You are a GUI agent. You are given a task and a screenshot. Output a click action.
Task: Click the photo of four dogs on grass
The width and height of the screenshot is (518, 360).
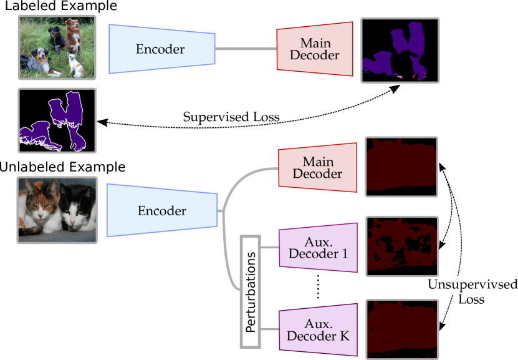point(57,47)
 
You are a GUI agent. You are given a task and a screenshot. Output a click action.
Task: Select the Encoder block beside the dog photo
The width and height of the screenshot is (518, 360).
point(161,49)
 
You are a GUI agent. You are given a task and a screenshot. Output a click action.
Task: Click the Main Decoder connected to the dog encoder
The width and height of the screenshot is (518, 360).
point(315,49)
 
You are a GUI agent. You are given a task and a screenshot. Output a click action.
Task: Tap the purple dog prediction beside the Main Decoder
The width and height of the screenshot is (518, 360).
point(400,50)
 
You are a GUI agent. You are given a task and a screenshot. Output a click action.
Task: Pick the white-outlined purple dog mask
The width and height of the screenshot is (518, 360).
point(57,120)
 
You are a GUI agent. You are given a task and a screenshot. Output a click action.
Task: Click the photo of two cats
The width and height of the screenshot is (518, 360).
point(57,210)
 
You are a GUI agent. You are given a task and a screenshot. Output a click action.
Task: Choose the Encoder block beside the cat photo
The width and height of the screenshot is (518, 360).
point(161,211)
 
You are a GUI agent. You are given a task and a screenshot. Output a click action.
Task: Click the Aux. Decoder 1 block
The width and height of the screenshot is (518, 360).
point(318,248)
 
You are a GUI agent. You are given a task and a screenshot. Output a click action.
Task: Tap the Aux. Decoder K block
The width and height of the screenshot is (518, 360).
point(318,329)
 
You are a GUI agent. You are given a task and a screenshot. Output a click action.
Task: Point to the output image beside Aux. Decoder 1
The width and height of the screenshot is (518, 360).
point(401,246)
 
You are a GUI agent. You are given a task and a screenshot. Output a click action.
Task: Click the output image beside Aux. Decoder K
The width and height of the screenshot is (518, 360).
point(401,329)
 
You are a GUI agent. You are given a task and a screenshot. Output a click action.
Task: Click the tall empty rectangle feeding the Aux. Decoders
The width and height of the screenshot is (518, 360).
point(249,291)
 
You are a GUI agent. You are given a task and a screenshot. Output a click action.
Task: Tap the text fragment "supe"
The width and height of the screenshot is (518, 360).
point(459,286)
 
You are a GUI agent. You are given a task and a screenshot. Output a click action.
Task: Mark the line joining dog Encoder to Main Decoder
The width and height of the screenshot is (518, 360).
point(246,49)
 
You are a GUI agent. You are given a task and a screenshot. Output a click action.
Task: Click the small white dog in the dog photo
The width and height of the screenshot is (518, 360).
point(76,64)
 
